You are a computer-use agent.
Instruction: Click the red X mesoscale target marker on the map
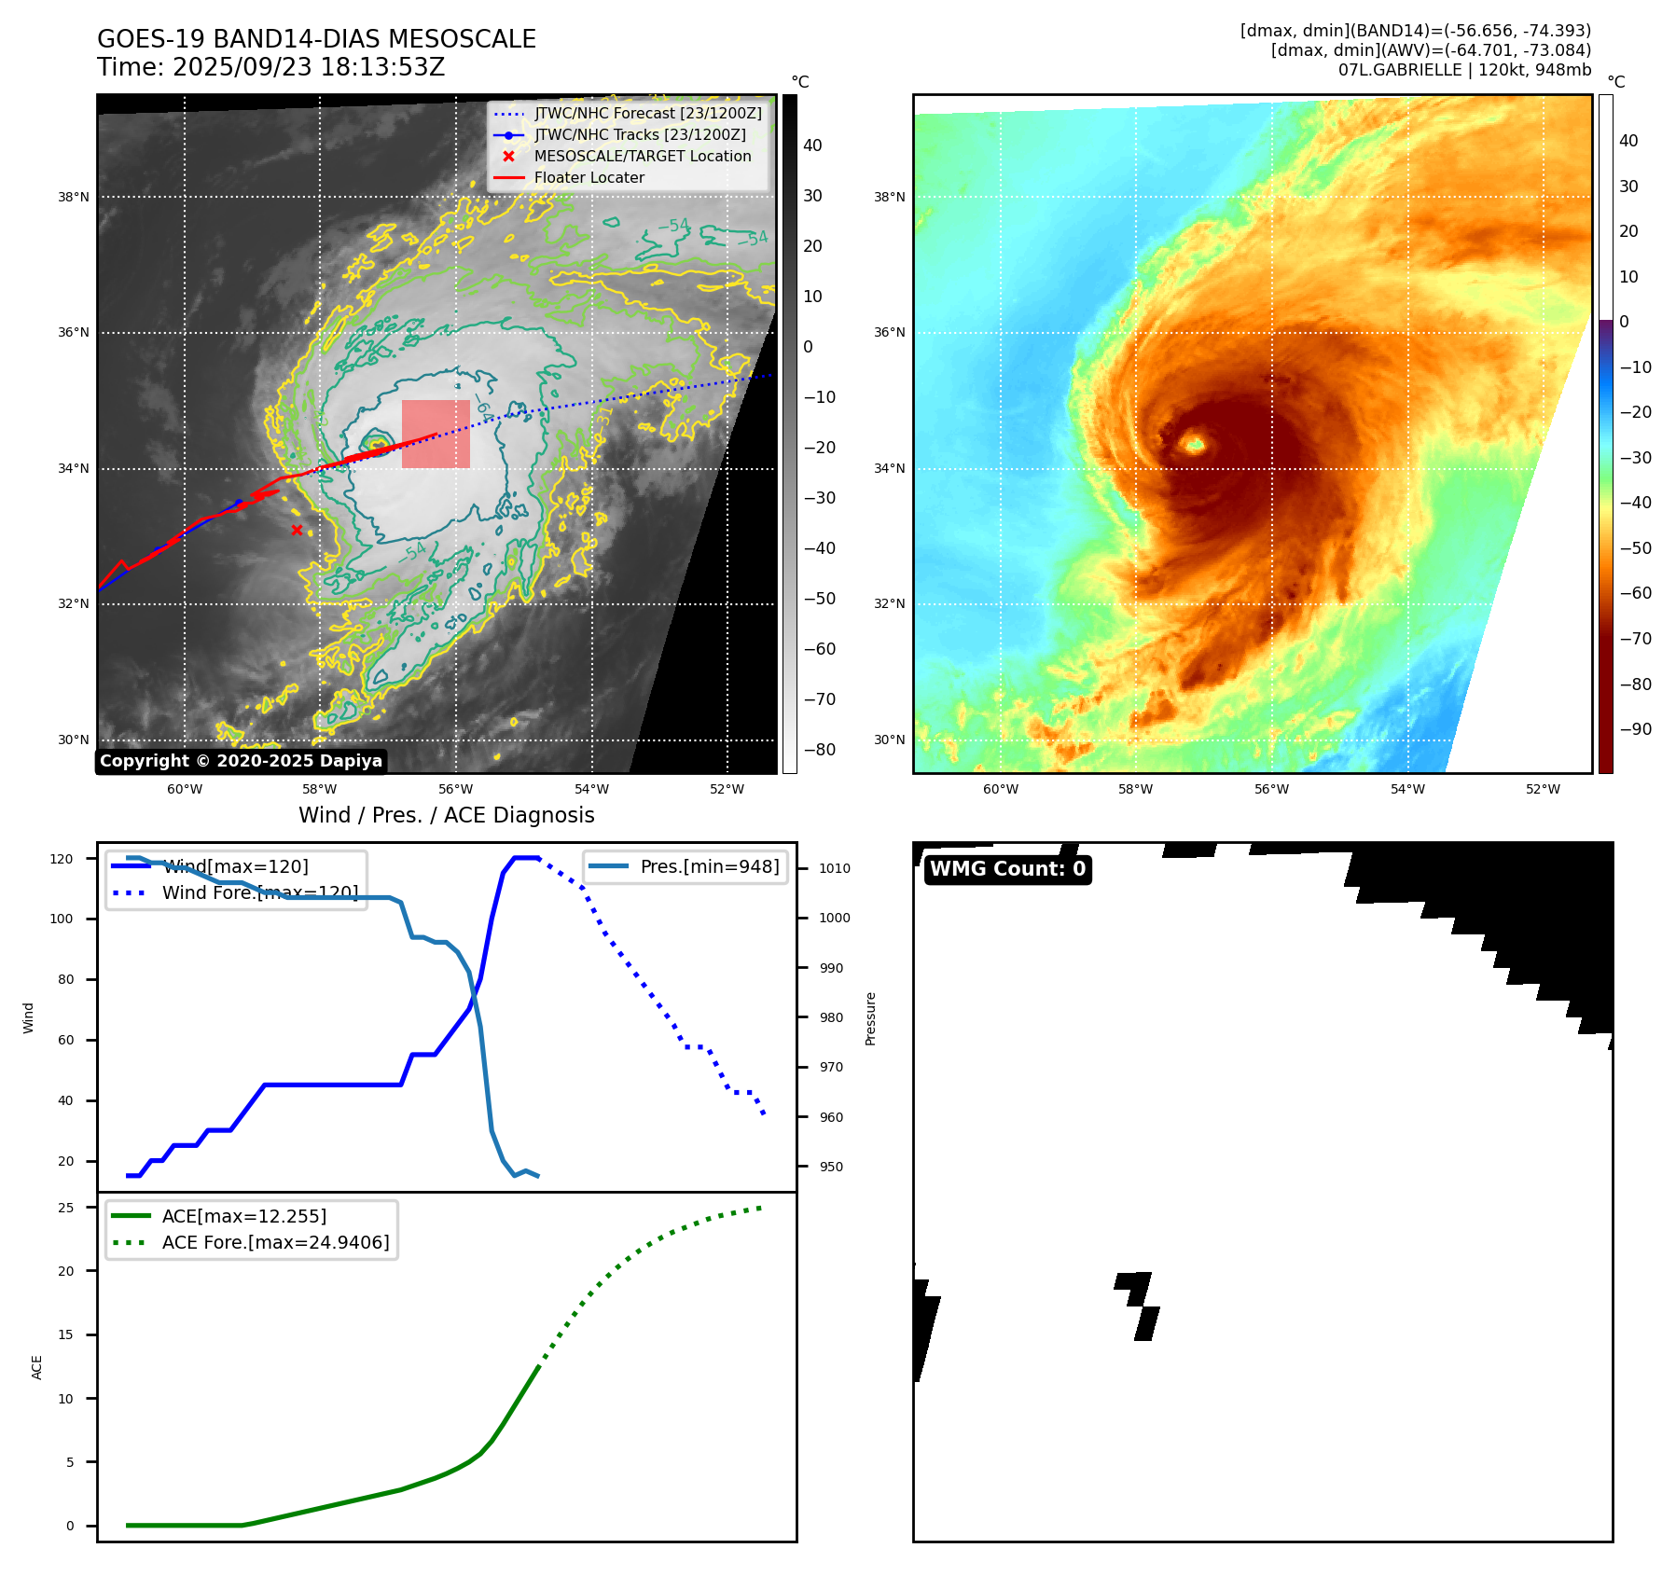coord(297,531)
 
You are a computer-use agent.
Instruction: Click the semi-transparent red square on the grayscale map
coord(436,434)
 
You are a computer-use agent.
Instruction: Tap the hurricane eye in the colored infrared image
coord(1193,443)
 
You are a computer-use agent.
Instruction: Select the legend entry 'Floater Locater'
coord(589,178)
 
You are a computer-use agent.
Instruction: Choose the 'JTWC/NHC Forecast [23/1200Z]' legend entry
coord(647,114)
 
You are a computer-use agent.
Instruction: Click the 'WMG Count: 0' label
coord(1007,869)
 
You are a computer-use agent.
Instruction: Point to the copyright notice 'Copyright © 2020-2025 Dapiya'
coord(241,761)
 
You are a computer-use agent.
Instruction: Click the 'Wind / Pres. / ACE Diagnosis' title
coord(446,815)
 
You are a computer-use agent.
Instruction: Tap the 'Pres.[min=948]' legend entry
coord(709,866)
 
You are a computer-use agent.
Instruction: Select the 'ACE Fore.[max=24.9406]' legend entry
coord(275,1242)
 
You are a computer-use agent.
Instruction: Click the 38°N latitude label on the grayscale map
coord(74,198)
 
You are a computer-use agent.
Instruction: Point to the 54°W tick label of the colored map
coord(1406,789)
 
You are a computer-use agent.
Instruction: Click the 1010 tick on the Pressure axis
coord(834,868)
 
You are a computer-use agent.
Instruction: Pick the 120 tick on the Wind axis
coord(62,859)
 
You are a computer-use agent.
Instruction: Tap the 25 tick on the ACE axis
coord(66,1208)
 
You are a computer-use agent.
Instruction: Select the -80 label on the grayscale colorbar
coord(820,750)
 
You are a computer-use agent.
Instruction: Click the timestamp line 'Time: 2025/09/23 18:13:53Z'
coord(270,67)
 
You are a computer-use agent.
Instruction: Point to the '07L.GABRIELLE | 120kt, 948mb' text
coord(1464,70)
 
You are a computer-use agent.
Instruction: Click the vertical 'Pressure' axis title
coord(870,1018)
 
